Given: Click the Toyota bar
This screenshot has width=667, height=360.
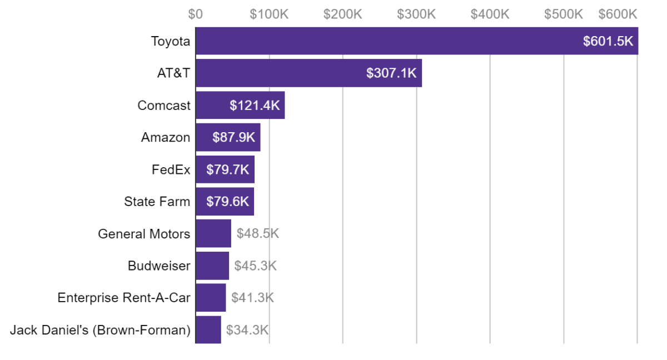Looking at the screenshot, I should pos(389,41).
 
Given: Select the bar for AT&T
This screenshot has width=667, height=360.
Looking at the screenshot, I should pos(278,73).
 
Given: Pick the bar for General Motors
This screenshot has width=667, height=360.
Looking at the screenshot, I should pos(213,233).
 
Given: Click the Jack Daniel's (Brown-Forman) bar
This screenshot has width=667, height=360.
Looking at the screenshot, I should pos(208,330).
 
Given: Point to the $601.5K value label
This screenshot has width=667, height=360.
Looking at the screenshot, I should pos(608,41).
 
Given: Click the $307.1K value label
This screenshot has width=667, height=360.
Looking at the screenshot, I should pos(391,73).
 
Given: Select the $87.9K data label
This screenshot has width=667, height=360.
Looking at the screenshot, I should pos(233,138).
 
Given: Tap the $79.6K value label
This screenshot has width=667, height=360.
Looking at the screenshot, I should pos(228,202).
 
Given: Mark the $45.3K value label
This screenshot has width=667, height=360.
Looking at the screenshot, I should pos(255,266).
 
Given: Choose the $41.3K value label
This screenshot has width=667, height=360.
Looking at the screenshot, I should pos(252,298).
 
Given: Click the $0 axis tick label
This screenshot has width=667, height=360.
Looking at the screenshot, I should pos(195,14).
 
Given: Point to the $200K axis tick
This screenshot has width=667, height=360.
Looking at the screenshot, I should pos(342,14).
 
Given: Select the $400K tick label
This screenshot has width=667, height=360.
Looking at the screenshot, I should pos(490,14).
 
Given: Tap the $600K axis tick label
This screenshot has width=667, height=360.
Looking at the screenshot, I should pos(618,14).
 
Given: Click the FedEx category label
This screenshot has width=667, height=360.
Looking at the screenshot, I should pos(171,169).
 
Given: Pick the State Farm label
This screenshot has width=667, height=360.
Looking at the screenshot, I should pos(157,202).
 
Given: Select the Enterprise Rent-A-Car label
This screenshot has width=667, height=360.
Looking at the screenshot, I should pos(124,298).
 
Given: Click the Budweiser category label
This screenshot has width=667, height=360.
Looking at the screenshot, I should pos(159,266).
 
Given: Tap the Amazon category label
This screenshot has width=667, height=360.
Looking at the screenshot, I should pos(166,138).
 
